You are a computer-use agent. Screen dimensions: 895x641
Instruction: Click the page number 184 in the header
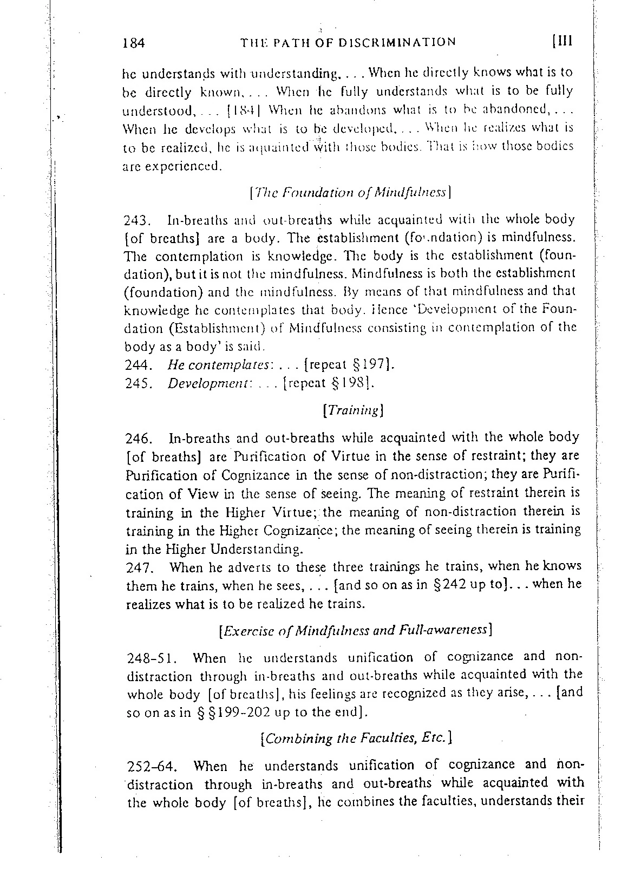click(134, 43)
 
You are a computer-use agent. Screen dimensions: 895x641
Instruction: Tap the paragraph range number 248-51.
click(149, 658)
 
